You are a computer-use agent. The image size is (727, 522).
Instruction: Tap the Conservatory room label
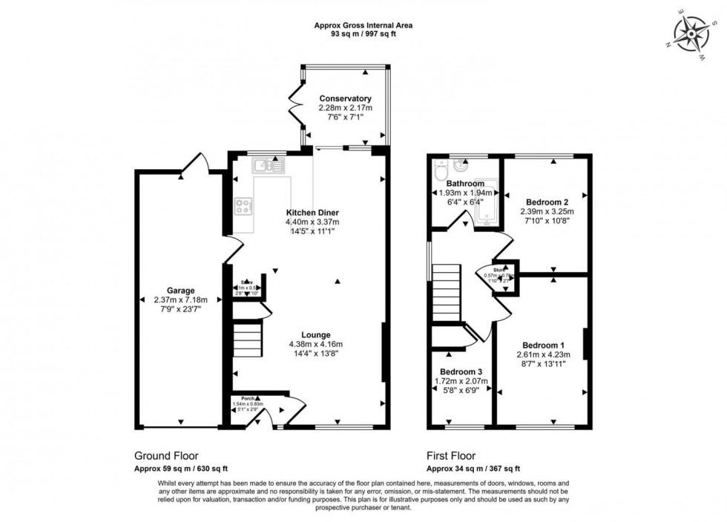point(345,99)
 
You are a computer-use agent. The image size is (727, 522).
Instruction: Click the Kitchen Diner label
point(312,213)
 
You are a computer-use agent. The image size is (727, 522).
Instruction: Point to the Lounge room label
point(316,334)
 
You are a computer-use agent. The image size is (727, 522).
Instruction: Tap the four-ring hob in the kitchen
point(243,207)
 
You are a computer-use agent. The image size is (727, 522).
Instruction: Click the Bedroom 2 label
point(547,202)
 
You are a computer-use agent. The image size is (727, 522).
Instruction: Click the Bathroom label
point(466,184)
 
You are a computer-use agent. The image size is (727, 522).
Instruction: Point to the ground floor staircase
point(246,340)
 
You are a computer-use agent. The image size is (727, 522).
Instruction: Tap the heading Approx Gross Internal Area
point(363,25)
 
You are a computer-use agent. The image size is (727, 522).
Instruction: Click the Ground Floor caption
point(165,456)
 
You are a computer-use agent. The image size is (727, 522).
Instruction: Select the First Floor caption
point(451,456)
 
